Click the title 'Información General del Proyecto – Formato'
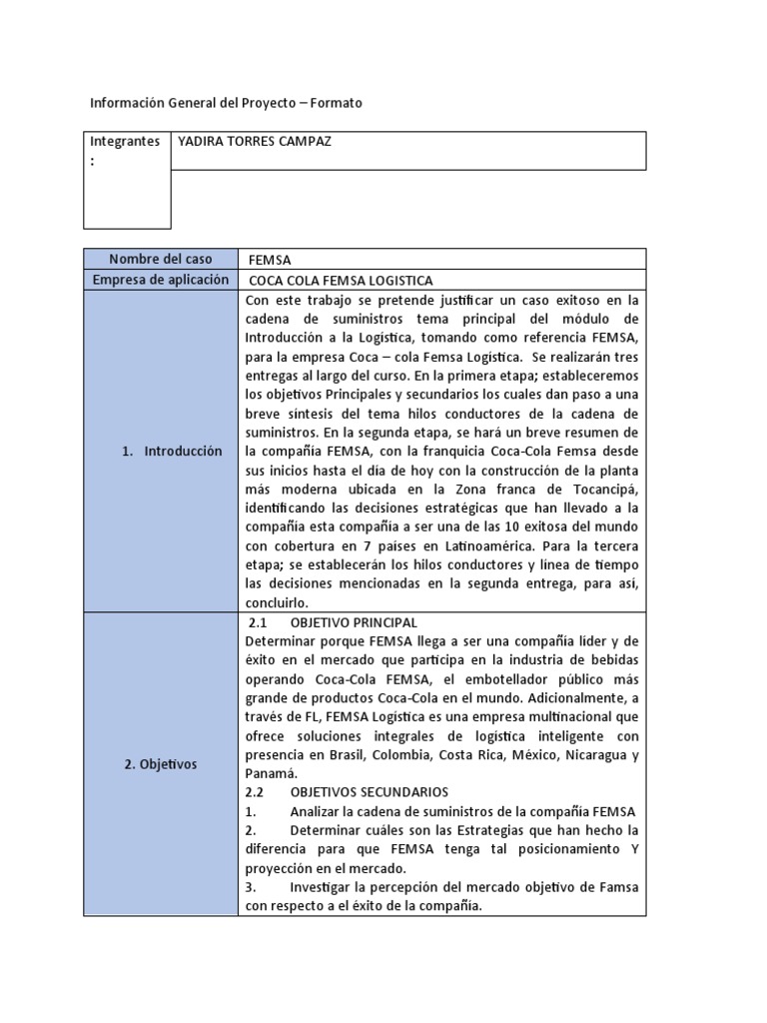[227, 103]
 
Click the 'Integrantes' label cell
[125, 142]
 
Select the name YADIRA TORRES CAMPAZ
[254, 142]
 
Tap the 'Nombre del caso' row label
[161, 260]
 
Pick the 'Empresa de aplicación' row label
[161, 281]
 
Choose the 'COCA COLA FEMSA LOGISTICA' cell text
[340, 281]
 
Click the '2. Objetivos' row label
[161, 764]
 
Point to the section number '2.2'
[256, 791]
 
